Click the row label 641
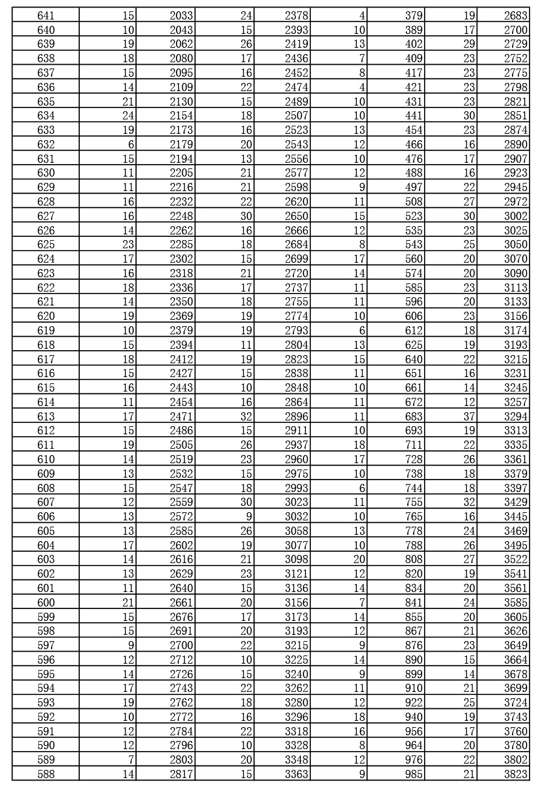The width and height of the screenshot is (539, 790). click(46, 16)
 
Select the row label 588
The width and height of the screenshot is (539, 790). click(46, 774)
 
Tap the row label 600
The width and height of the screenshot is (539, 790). click(46, 603)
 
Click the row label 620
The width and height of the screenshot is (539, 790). click(46, 316)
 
